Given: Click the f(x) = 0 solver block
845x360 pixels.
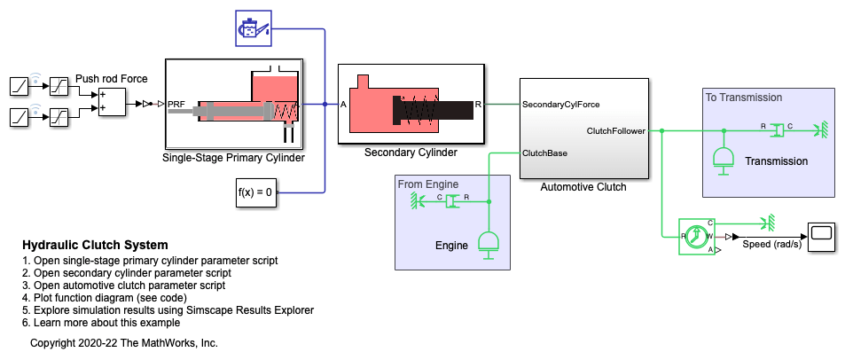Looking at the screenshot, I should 256,192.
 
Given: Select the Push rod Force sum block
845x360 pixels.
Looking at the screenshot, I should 112,102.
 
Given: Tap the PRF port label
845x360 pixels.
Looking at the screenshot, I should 176,104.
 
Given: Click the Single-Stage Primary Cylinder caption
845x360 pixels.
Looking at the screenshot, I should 233,159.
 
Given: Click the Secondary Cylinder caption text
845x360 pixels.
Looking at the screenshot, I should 411,153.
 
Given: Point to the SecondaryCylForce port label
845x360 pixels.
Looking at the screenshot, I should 561,105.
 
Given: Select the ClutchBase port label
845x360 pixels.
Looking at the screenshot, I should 545,153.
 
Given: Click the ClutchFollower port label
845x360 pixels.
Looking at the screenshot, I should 618,131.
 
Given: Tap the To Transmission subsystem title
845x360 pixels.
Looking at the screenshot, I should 744,97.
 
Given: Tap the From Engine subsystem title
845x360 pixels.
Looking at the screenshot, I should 428,184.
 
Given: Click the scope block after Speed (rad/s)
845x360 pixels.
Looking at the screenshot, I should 821,234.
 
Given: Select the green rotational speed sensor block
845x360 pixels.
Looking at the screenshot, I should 697,237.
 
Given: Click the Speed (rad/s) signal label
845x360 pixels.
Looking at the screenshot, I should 771,245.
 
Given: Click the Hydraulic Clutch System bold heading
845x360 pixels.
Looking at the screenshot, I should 95,245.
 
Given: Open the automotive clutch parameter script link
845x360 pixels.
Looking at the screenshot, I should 129,286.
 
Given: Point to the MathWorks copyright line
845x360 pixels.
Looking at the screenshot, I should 124,342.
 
